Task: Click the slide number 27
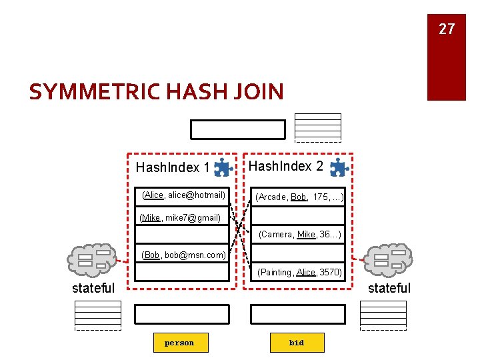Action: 446,29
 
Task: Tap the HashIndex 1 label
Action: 173,167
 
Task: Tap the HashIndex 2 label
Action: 286,166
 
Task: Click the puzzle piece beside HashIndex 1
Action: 223,167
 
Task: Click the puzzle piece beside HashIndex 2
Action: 339,167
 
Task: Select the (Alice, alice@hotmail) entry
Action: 183,195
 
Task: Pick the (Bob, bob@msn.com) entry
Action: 183,255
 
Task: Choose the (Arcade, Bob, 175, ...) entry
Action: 299,197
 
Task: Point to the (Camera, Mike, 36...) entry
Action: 299,235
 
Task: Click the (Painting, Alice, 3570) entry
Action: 299,272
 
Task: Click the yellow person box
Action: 179,343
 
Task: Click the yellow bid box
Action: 297,343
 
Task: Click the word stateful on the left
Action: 93,289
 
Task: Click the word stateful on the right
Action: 389,288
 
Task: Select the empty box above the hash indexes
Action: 237,129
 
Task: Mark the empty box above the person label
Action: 181,314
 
